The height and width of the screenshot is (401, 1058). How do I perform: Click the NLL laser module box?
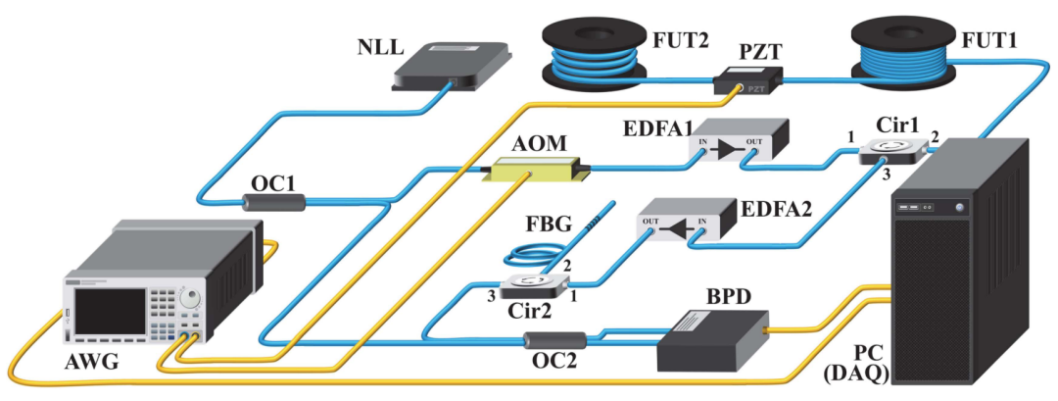click(452, 68)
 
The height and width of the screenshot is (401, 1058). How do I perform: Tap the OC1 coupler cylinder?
click(273, 202)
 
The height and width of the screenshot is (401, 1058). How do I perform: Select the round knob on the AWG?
click(195, 297)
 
